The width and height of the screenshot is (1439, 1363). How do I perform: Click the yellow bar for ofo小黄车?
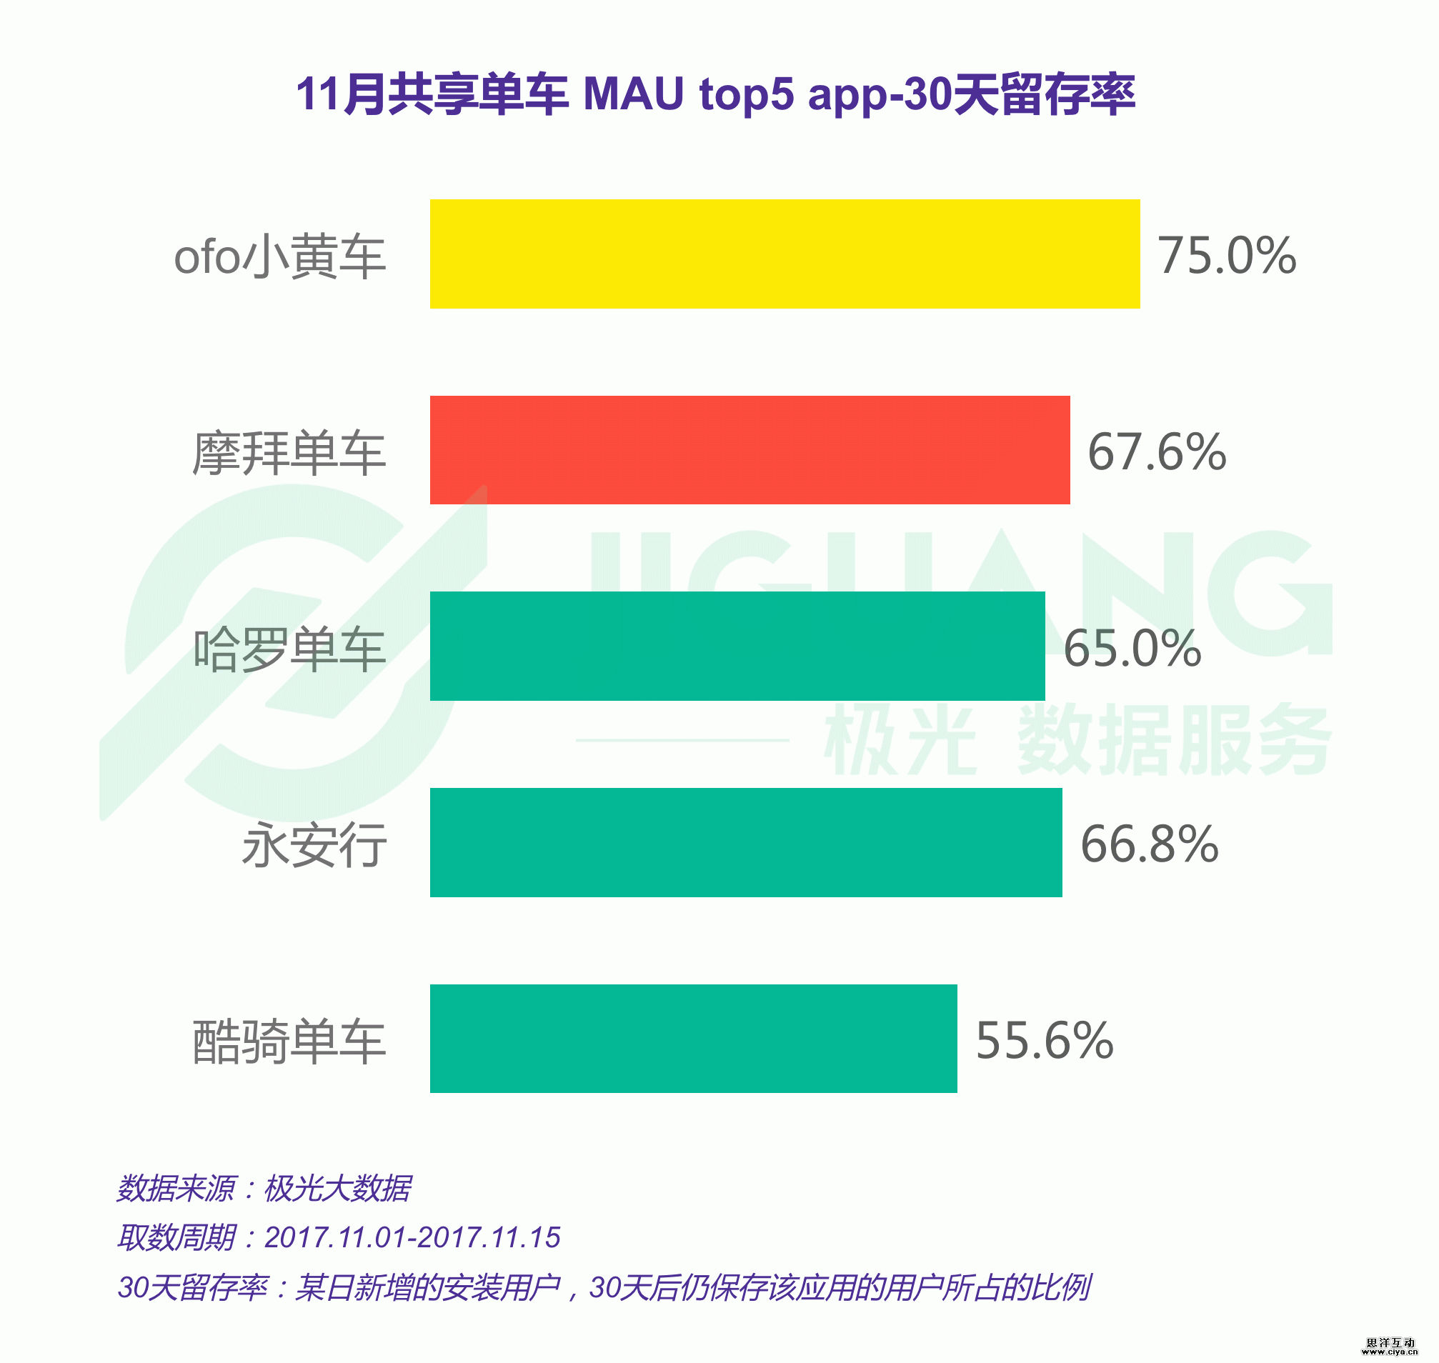pyautogui.click(x=785, y=254)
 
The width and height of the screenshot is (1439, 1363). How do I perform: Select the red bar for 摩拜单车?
pyautogui.click(x=750, y=450)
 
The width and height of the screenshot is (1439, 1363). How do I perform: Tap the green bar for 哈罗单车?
pyautogui.click(x=737, y=646)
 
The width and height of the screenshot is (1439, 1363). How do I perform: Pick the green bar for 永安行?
pyautogui.click(x=746, y=842)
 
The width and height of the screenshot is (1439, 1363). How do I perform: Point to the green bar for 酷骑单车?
pyautogui.click(x=693, y=1038)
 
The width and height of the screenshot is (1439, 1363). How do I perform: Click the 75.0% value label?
pyautogui.click(x=1228, y=256)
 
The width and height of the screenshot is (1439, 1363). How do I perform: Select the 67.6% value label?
pyautogui.click(x=1157, y=452)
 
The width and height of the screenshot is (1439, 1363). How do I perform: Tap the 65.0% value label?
pyautogui.click(x=1132, y=648)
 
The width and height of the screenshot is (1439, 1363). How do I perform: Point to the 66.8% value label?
pyautogui.click(x=1150, y=844)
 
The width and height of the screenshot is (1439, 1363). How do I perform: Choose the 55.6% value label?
pyautogui.click(x=1045, y=1040)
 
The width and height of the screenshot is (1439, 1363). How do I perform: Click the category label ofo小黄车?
pyautogui.click(x=280, y=256)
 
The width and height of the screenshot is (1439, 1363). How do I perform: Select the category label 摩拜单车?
pyautogui.click(x=289, y=453)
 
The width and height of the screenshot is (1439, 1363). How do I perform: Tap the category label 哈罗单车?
pyautogui.click(x=289, y=649)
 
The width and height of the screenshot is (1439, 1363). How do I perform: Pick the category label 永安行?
pyautogui.click(x=314, y=845)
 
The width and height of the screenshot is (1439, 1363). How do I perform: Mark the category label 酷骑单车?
pyautogui.click(x=289, y=1041)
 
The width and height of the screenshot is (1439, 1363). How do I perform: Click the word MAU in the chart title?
pyautogui.click(x=634, y=94)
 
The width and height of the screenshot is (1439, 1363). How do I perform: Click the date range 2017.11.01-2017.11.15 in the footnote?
pyautogui.click(x=412, y=1237)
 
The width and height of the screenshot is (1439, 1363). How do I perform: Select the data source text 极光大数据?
pyautogui.click(x=337, y=1189)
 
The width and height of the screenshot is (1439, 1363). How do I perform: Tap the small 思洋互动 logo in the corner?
pyautogui.click(x=1390, y=1347)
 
